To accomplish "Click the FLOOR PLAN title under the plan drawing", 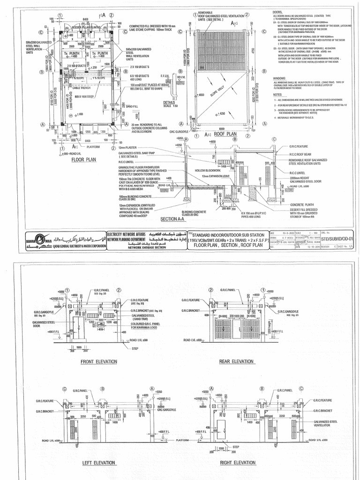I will pos(83,160).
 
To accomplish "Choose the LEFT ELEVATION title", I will pos(98,463).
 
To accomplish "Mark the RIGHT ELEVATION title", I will pos(238,463).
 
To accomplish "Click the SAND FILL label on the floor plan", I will pos(133,106).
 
